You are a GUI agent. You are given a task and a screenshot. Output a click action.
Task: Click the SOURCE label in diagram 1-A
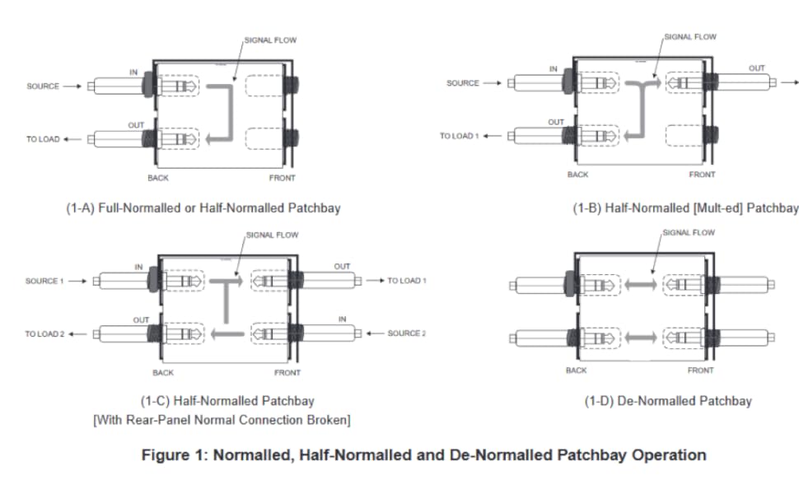click(43, 86)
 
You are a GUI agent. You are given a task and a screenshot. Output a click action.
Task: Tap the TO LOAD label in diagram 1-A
click(43, 139)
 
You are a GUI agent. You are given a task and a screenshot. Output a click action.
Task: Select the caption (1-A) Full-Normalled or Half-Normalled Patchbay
click(203, 208)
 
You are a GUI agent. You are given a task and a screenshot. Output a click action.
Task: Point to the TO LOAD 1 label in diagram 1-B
click(459, 136)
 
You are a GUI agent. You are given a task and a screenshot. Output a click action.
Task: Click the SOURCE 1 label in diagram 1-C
click(43, 281)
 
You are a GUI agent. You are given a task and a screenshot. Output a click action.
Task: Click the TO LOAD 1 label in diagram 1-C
click(407, 281)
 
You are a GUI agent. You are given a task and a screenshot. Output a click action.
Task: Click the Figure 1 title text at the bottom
click(424, 454)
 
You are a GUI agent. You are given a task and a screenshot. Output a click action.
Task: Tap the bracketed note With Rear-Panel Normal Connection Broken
click(222, 421)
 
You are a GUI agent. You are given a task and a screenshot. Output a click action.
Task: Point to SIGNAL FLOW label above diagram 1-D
click(689, 232)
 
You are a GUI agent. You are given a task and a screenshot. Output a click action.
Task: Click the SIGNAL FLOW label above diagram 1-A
click(269, 40)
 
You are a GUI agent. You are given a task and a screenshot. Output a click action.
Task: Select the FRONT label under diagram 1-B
click(702, 175)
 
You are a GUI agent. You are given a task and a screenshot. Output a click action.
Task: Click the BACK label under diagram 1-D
click(576, 370)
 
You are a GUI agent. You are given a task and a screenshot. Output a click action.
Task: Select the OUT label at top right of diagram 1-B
click(756, 68)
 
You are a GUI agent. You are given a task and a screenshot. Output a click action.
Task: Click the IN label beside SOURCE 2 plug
click(342, 318)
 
